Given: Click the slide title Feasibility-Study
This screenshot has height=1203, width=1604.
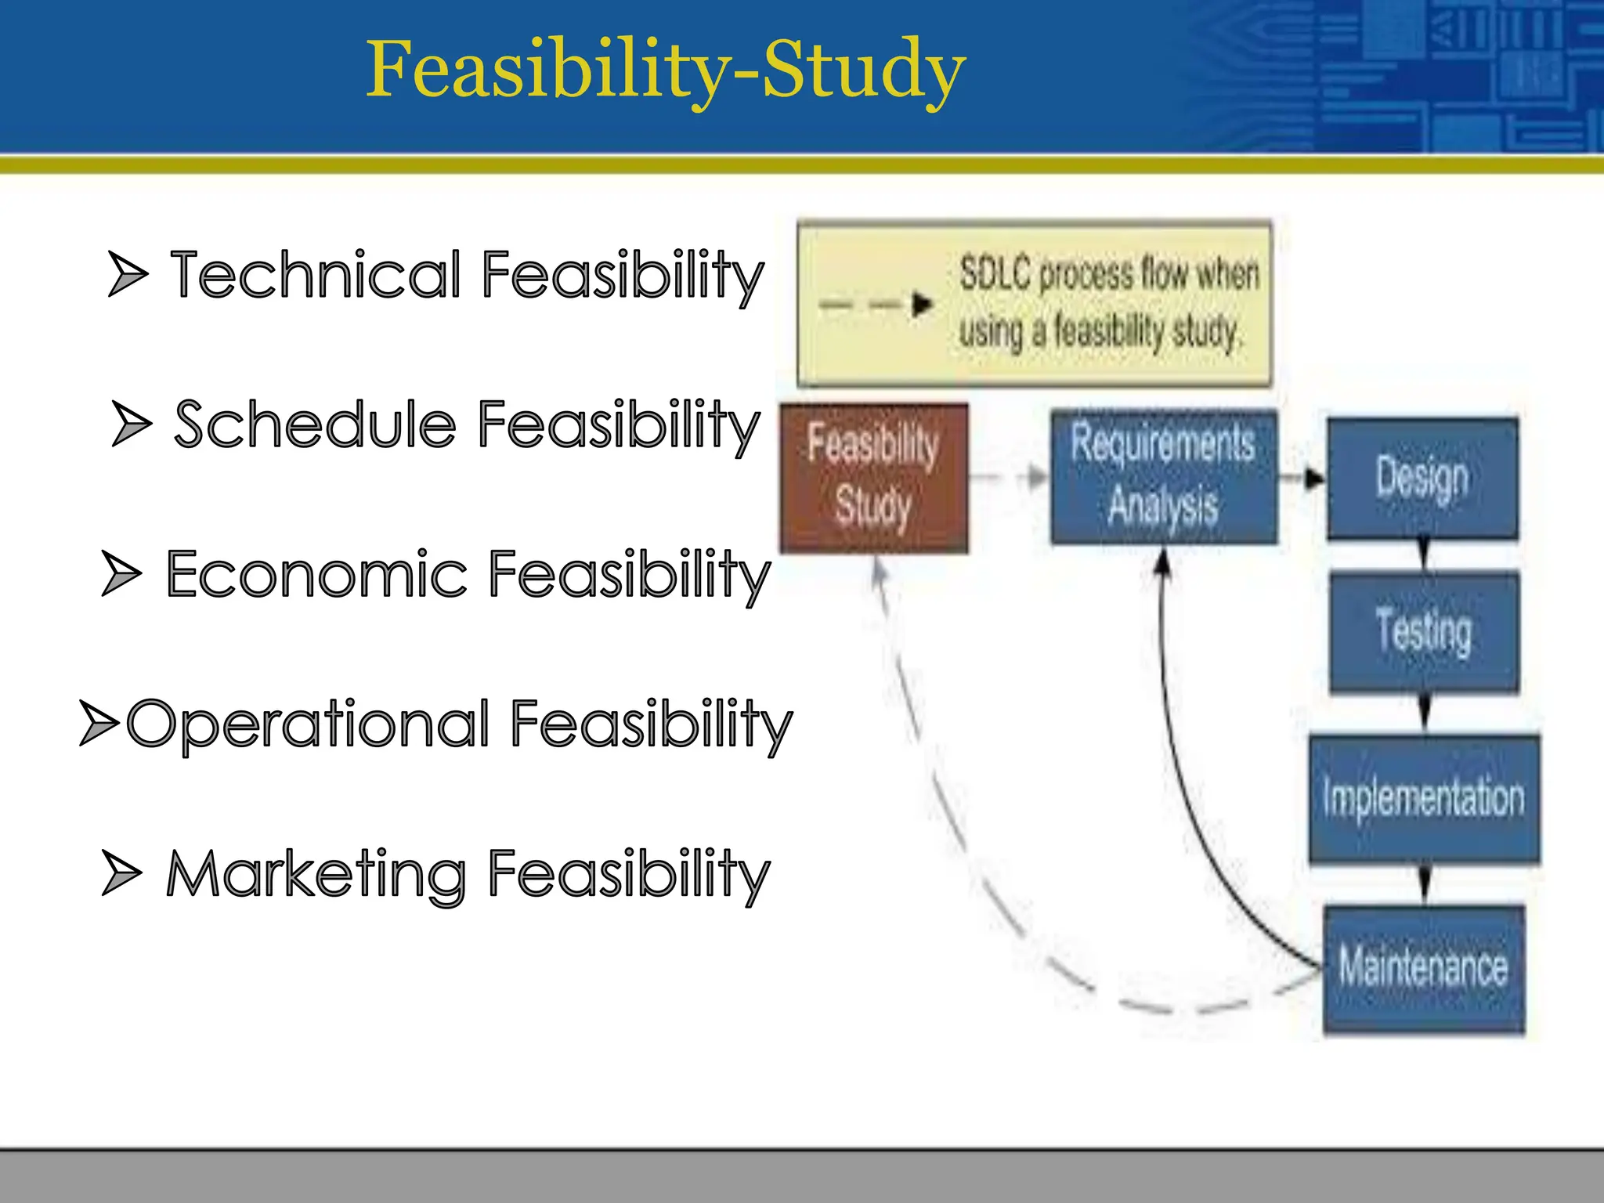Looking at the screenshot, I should click(666, 70).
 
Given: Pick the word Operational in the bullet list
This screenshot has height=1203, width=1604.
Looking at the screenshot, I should click(310, 724).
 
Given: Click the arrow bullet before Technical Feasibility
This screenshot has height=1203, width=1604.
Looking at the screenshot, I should click(127, 274).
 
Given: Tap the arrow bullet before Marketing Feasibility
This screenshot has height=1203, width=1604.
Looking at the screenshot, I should click(121, 872).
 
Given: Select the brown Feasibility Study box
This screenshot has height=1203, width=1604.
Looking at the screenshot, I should click(874, 479).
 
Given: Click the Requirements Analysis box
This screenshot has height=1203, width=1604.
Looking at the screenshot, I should click(1164, 477).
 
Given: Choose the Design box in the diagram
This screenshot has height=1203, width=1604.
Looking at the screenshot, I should click(1422, 478).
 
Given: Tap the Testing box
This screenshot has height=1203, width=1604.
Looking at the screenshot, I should click(1424, 632).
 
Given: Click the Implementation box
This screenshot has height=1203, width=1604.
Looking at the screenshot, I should click(1424, 799).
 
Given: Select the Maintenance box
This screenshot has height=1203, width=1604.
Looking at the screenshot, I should click(1424, 968).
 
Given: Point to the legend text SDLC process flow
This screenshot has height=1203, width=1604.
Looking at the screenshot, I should click(1108, 274).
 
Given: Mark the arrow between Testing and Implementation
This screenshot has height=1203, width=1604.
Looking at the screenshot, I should click(1424, 713).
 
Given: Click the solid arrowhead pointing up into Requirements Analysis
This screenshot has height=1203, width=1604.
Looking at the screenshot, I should click(1163, 562).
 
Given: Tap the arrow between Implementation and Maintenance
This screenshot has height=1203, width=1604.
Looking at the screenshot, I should click(1425, 883).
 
